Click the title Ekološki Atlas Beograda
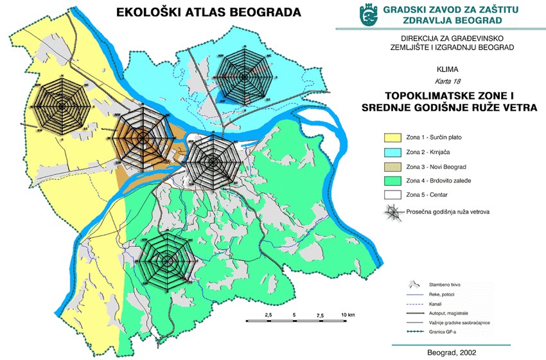click(x=198, y=12)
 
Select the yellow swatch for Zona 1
click(x=389, y=137)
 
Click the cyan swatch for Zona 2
click(x=389, y=152)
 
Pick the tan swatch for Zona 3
click(x=389, y=166)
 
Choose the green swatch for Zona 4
click(x=389, y=181)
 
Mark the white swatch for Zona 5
click(x=389, y=195)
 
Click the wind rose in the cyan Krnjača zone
click(x=245, y=75)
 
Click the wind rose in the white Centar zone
click(x=213, y=161)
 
